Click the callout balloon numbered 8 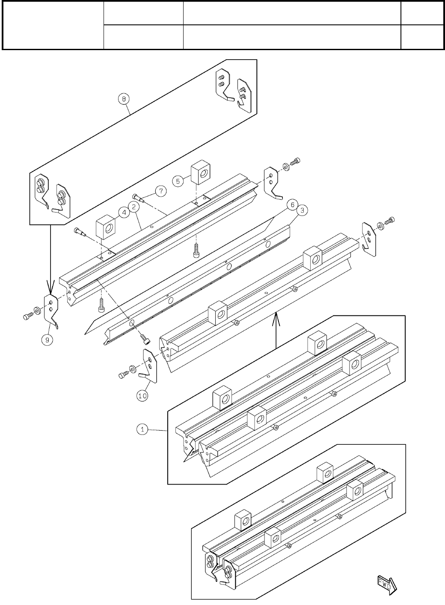[123, 99]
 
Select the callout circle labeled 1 [143, 429]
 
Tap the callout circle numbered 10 [142, 396]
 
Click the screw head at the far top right [296, 162]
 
